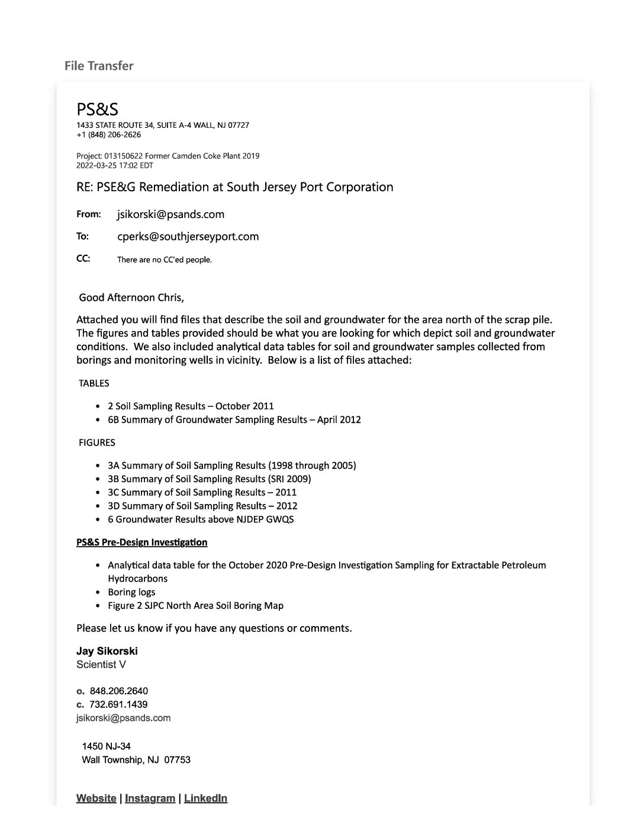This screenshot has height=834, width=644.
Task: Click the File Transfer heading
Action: coord(99,66)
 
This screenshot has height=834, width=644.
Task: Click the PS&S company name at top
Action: coord(97,109)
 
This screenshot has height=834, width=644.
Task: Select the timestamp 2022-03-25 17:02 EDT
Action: coord(114,165)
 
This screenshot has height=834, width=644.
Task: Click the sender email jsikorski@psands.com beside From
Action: coord(170,214)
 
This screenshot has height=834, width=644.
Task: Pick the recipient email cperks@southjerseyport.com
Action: coord(188,236)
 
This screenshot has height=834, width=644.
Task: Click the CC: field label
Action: coord(83,258)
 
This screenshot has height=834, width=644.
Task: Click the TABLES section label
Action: coord(94,383)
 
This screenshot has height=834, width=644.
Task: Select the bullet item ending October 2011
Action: coord(191,406)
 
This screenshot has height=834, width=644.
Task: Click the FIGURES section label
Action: coord(96,442)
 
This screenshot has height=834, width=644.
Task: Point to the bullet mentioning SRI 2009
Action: coord(209,479)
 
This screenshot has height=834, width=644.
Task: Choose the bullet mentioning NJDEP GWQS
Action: coord(201,519)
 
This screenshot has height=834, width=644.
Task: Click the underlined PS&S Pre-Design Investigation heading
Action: coord(141,542)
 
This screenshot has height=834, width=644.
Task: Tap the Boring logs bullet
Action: coord(131,592)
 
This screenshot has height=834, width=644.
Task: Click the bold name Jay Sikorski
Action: coord(107,651)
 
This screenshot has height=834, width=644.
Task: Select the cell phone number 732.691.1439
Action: coord(118,704)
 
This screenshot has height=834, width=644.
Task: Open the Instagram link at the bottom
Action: coord(150,798)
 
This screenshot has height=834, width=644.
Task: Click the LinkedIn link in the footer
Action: coord(205,798)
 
